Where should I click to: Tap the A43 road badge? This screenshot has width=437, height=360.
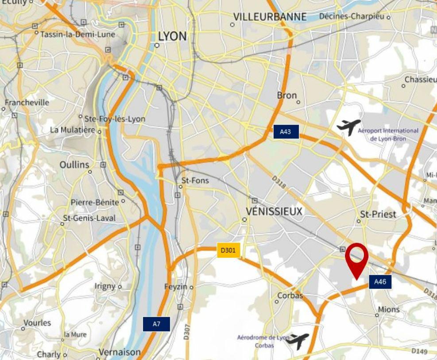coord(286,132)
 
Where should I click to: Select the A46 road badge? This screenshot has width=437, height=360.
coord(380,282)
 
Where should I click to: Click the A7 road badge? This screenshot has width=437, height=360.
coord(156,324)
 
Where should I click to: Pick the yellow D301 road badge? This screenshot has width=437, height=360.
coord(228,250)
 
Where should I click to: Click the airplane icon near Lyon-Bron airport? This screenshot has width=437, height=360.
coord(348,127)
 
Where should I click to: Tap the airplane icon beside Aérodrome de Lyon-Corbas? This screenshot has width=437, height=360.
coord(298,341)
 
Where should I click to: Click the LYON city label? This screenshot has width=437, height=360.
coord(172,36)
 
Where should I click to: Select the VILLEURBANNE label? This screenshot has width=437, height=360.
coord(270,17)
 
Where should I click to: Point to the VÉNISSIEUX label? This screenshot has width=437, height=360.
coord(275,212)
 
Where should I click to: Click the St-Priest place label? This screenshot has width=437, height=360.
coord(378,214)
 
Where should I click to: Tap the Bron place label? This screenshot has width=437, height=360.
coord(286,95)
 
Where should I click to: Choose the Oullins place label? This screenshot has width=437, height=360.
coord(74,165)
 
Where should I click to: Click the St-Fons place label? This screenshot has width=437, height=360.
coord(195,181)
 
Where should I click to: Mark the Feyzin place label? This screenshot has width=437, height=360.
coord(176,286)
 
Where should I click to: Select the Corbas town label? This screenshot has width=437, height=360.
coord(290,295)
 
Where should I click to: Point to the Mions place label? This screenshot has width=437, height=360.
coord(389,310)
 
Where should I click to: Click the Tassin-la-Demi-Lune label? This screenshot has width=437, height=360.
coord(77,34)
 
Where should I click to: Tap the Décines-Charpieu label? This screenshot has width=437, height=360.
coord(352,16)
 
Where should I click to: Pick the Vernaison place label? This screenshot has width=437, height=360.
coord(120,352)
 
